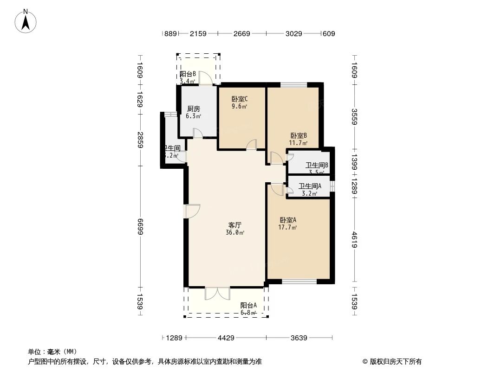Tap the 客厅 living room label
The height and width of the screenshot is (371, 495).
(x=235, y=224)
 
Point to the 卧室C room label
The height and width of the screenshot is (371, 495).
(x=240, y=99)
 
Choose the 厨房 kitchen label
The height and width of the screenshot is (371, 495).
(x=193, y=109)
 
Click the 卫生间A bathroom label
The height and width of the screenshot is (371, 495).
(x=310, y=186)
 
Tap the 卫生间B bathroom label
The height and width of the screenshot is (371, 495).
(x=317, y=165)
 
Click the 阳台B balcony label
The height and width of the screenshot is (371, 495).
(x=188, y=74)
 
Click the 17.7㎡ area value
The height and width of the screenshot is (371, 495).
(x=288, y=227)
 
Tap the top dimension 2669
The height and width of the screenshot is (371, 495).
(x=241, y=33)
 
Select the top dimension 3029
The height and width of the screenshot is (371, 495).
(x=293, y=33)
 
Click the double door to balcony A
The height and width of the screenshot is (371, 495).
(x=217, y=293)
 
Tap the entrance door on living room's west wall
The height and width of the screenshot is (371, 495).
(x=192, y=211)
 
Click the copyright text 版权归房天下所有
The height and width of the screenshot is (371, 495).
(x=395, y=361)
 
